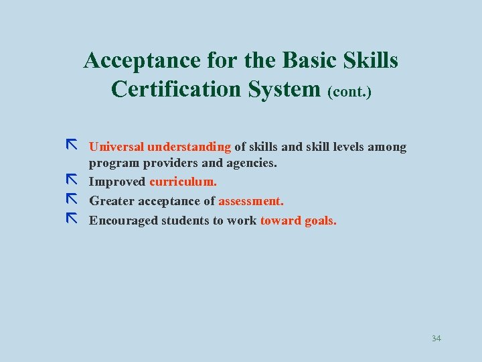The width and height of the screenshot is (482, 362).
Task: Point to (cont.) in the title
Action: point(349,90)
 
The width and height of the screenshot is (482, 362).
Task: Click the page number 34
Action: point(436,338)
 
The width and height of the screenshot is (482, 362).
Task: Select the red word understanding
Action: point(189,147)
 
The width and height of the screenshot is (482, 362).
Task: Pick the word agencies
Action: point(250,163)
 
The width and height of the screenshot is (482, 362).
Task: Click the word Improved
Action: point(117,182)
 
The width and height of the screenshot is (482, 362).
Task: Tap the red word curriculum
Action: point(183,182)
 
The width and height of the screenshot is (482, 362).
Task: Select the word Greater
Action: point(112,200)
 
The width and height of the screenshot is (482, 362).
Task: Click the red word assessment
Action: point(251,200)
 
